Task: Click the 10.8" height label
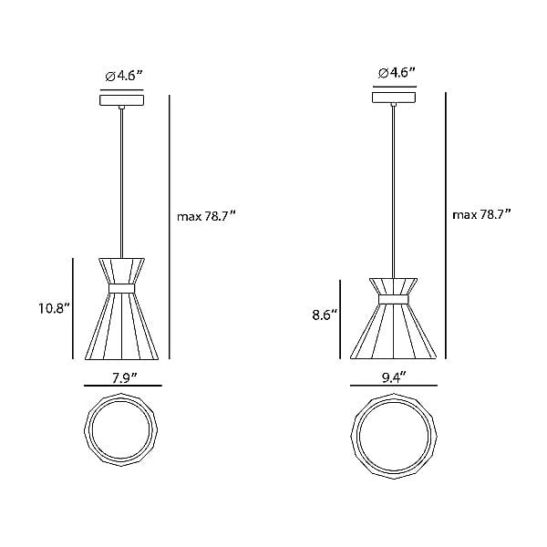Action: (x=55, y=308)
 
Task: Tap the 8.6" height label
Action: (x=325, y=315)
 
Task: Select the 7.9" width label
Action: (x=125, y=377)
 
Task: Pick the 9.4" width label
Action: (x=394, y=377)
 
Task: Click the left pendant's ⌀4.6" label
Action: (x=124, y=76)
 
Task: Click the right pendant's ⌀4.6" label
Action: (x=397, y=73)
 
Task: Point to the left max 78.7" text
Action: (x=207, y=217)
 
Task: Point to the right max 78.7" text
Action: (x=481, y=215)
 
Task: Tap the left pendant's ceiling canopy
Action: (x=122, y=100)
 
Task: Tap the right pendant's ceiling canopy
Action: (x=394, y=98)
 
